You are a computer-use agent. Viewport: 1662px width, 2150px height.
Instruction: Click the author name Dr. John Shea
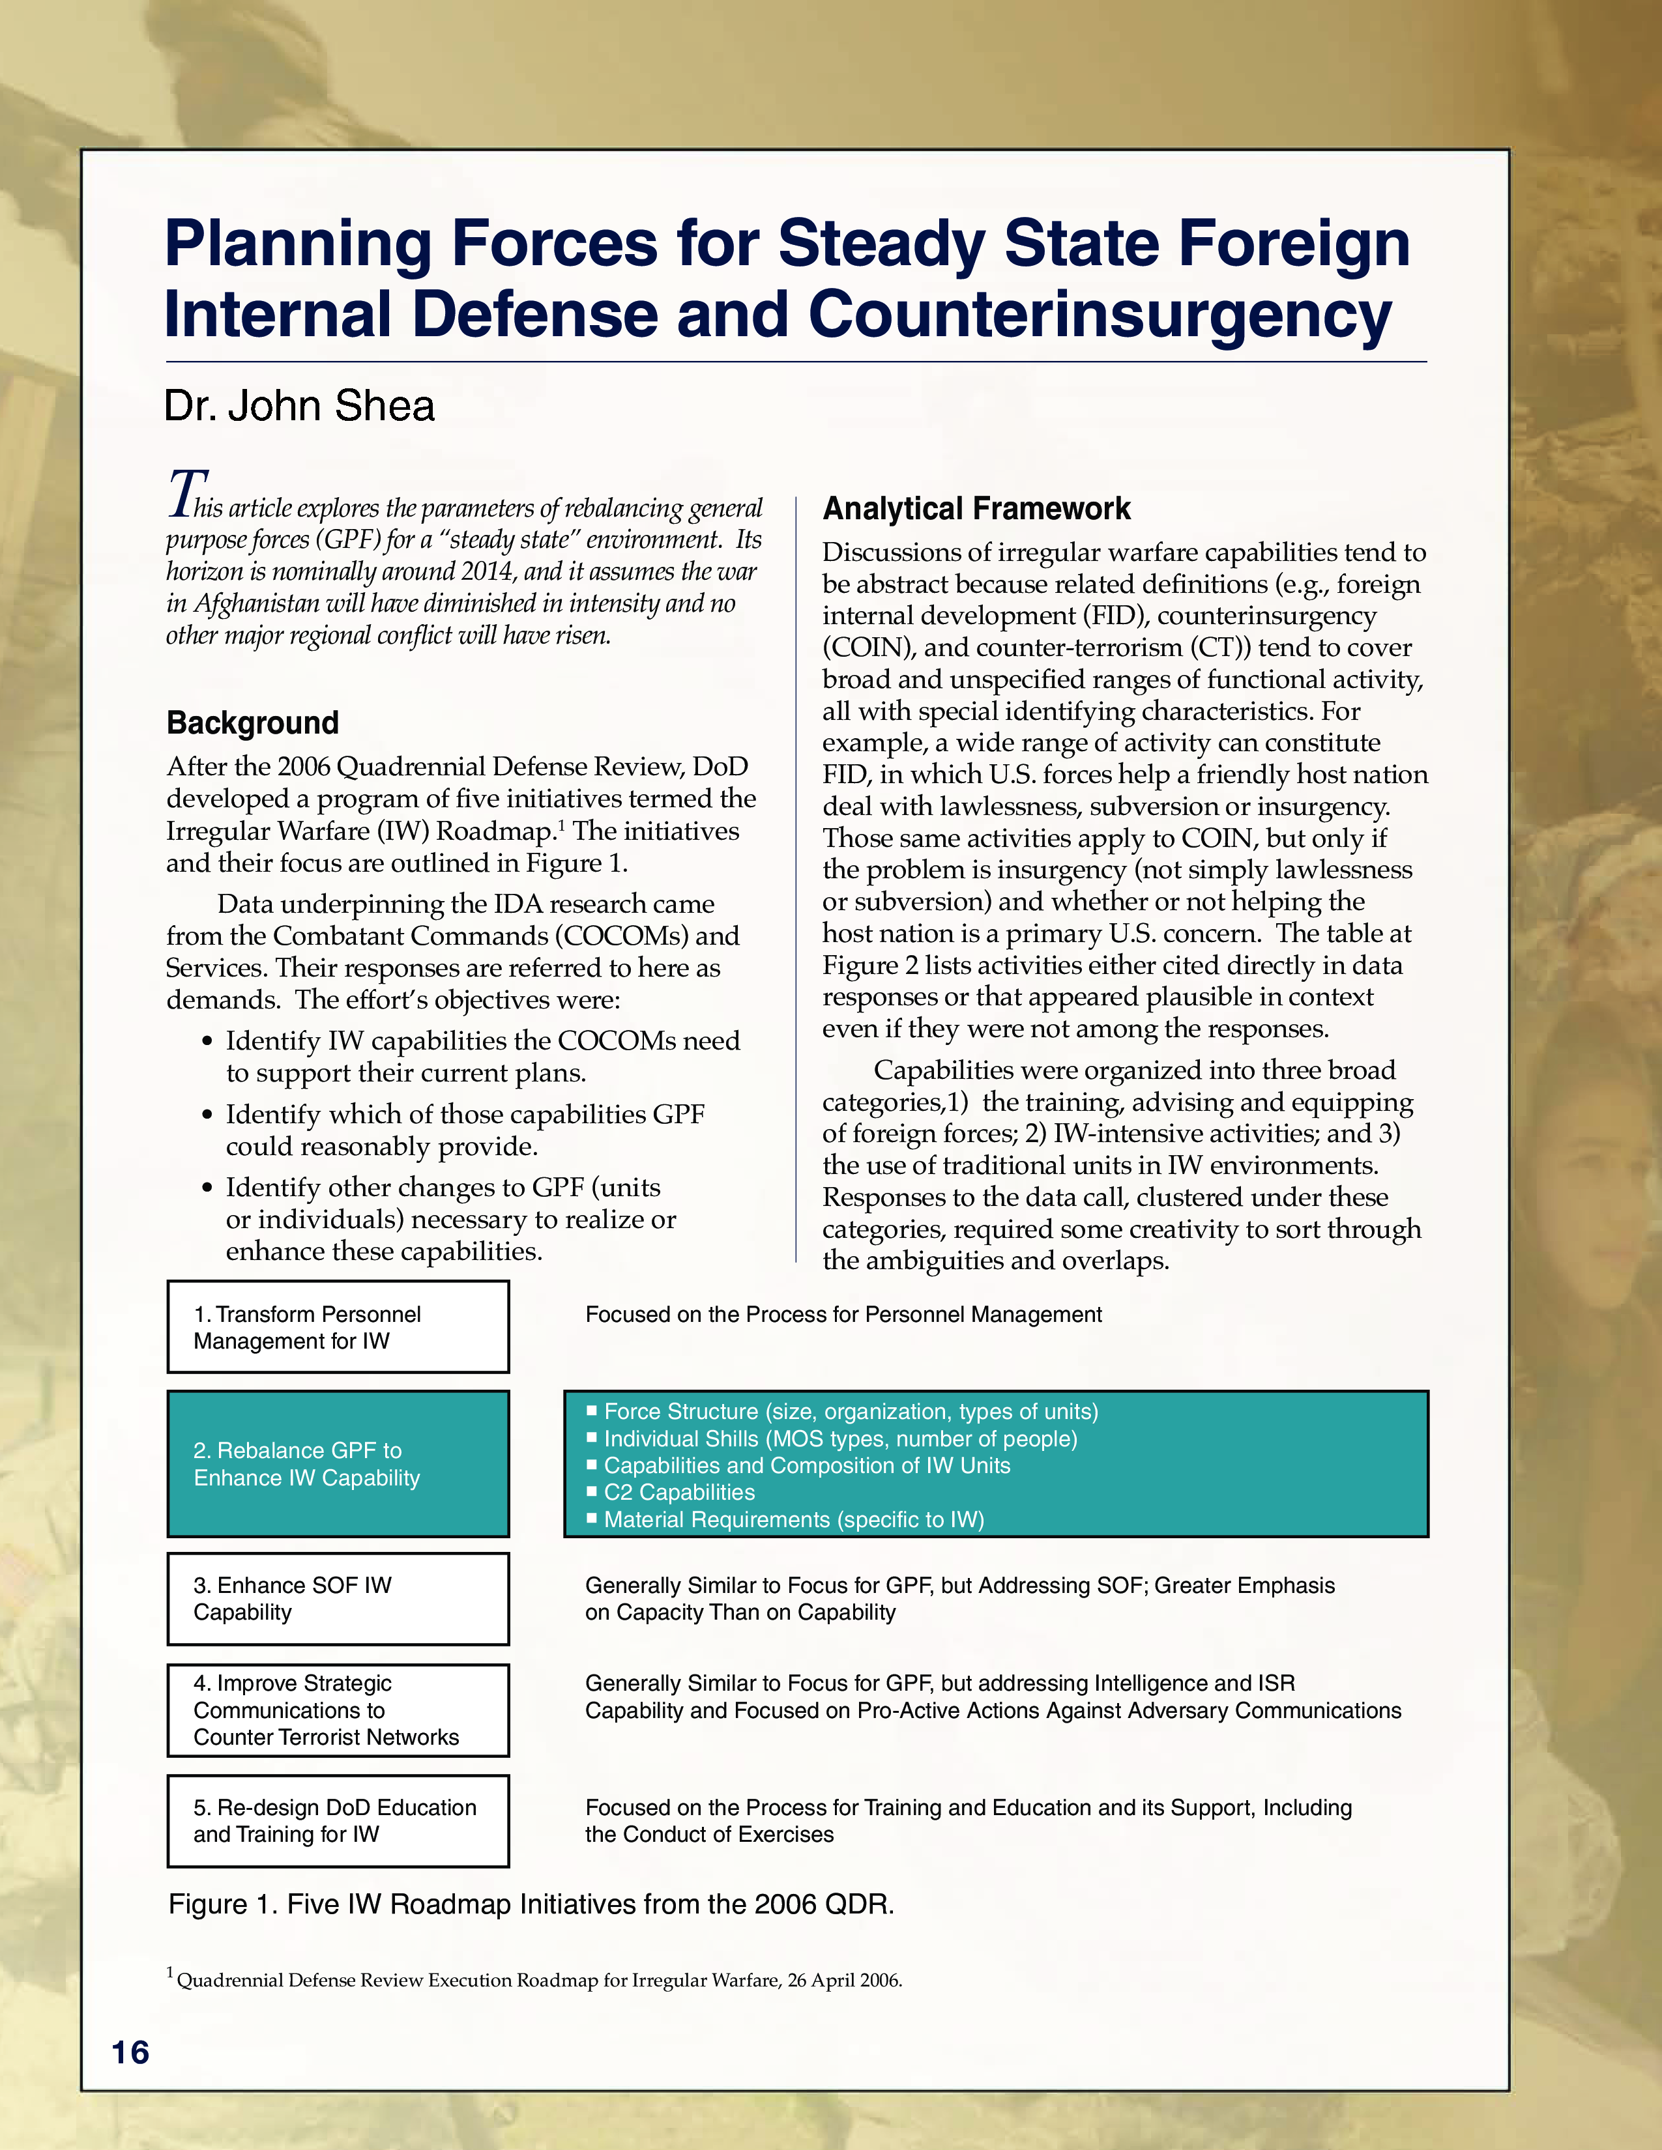click(299, 407)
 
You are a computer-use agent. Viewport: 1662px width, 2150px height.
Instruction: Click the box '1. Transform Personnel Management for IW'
click(338, 1327)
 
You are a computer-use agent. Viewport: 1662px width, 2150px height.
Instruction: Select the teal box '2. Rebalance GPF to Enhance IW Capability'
click(338, 1464)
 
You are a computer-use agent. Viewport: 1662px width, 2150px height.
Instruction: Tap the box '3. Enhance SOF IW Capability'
click(338, 1599)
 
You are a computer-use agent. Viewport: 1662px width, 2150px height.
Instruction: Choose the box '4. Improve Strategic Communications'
click(338, 1710)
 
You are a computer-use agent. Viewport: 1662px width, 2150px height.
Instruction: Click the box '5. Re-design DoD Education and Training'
click(338, 1821)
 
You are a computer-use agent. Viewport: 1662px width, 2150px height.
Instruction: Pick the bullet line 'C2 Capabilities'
click(678, 1493)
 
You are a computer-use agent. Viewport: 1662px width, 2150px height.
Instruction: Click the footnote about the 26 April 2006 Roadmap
click(536, 1980)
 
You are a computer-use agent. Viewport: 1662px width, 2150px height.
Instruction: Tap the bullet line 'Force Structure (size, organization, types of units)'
click(850, 1412)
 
